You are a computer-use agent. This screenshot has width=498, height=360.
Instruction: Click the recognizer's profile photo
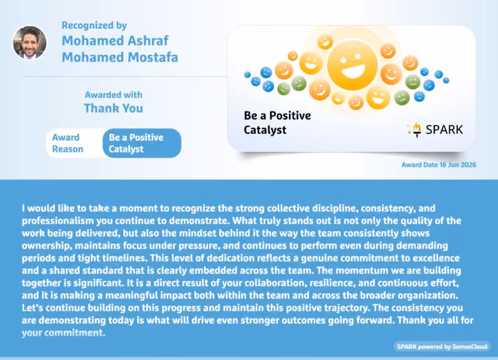29,42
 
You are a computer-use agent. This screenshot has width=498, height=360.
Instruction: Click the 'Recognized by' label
94,26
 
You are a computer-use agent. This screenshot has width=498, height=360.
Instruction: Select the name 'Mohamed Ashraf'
115,40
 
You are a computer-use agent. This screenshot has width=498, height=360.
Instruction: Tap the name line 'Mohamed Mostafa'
120,57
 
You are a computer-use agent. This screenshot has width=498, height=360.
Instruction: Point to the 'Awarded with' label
113,95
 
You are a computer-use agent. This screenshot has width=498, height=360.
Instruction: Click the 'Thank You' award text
113,108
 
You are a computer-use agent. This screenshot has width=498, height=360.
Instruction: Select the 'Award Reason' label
68,143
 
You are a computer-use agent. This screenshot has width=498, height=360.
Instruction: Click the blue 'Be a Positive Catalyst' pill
142,143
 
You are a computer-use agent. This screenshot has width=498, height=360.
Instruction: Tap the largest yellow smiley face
352,65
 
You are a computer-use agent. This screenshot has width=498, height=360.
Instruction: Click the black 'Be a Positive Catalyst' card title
277,123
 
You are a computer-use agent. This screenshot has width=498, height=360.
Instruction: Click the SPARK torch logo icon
415,130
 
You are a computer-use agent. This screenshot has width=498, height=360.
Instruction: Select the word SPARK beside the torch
444,130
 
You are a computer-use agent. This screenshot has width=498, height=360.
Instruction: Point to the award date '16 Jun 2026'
458,164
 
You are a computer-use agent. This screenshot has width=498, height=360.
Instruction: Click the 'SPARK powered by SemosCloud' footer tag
442,346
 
